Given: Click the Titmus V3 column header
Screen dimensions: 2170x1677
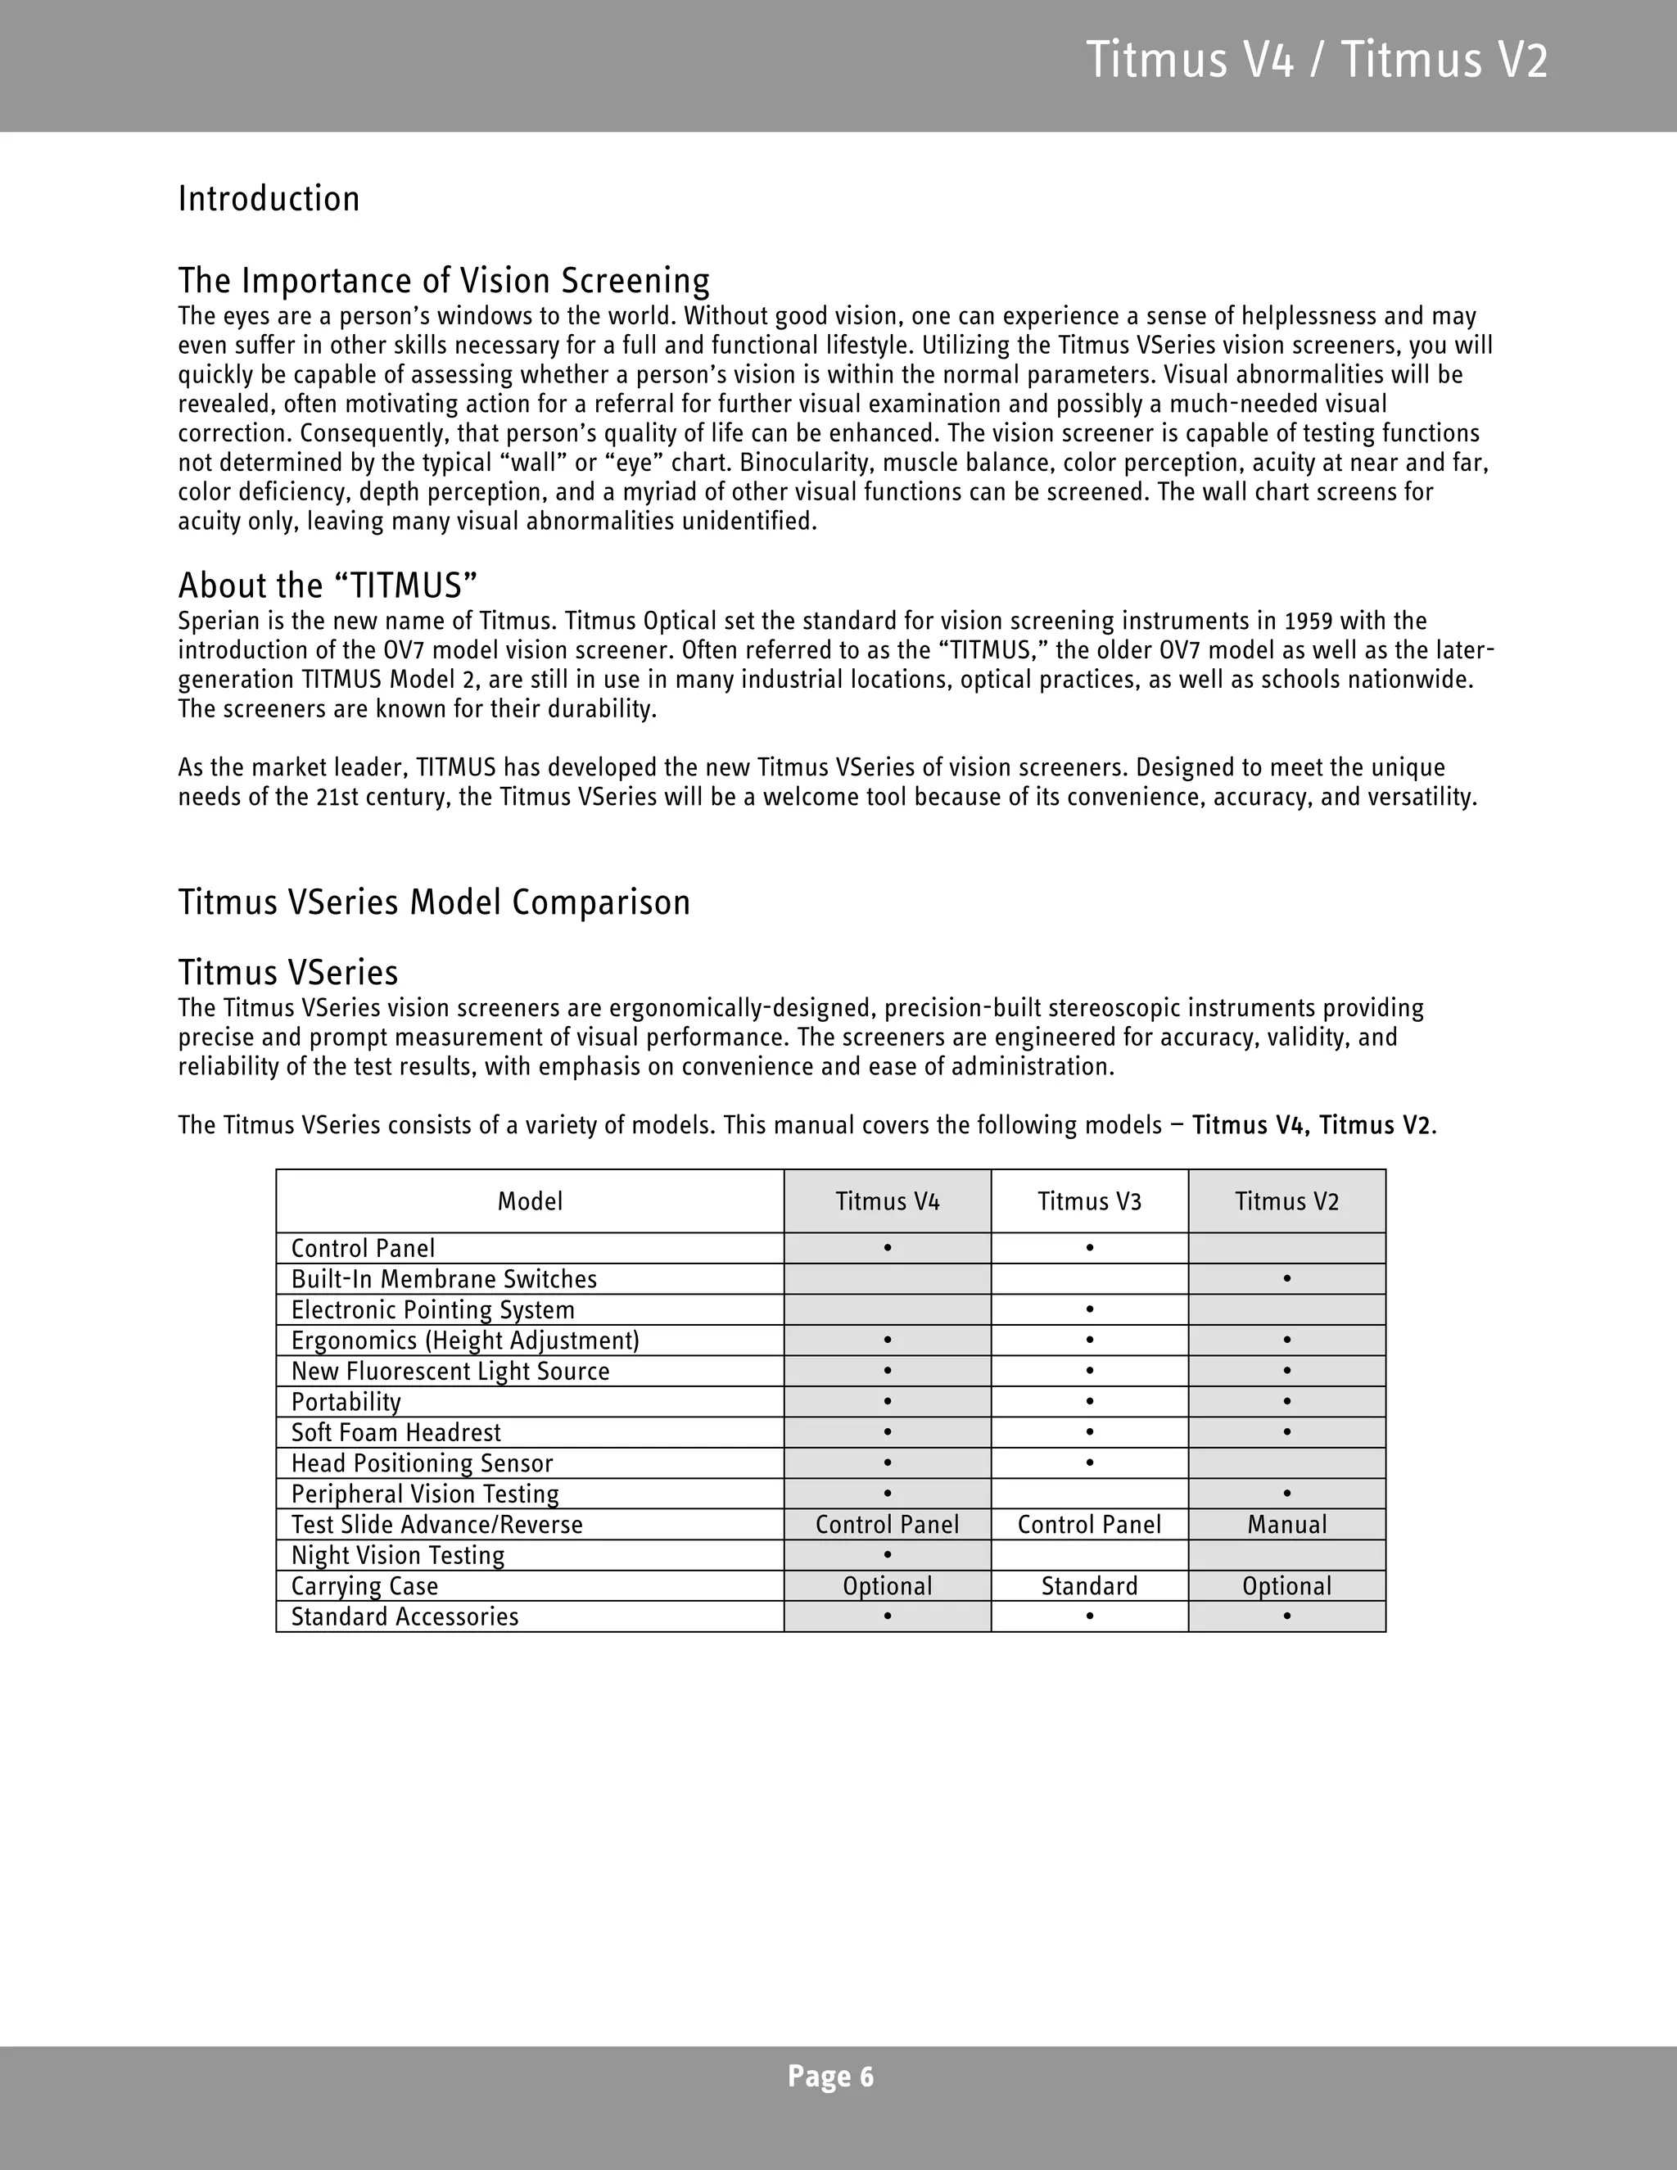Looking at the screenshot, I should point(1089,1201).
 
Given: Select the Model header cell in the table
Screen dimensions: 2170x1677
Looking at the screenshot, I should point(530,1201).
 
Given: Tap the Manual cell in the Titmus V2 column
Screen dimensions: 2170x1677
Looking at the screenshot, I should point(1286,1524).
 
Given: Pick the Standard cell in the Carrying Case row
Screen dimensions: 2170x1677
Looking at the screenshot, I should point(1089,1586).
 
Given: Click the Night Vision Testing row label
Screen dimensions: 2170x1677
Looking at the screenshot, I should point(397,1555).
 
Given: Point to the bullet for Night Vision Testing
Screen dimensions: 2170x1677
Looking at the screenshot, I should point(887,1554).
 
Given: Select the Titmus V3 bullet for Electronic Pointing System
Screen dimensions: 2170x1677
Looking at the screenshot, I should point(1090,1309).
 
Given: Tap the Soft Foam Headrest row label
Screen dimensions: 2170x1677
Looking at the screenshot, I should point(396,1431).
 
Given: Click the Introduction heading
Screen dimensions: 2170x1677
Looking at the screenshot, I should point(269,199).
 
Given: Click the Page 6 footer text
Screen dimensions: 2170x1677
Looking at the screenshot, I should point(830,2076).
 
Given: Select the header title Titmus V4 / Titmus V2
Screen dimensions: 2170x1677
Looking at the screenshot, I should point(1317,60).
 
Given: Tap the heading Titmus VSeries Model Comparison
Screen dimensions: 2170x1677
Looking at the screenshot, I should point(434,902).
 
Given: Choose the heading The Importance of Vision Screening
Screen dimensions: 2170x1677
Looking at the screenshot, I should point(443,280).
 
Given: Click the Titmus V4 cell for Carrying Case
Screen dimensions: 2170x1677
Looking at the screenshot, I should point(887,1586).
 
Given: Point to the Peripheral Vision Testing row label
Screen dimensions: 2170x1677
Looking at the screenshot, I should point(424,1494).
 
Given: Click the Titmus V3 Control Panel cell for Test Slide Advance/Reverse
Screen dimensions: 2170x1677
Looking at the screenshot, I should point(1089,1524).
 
